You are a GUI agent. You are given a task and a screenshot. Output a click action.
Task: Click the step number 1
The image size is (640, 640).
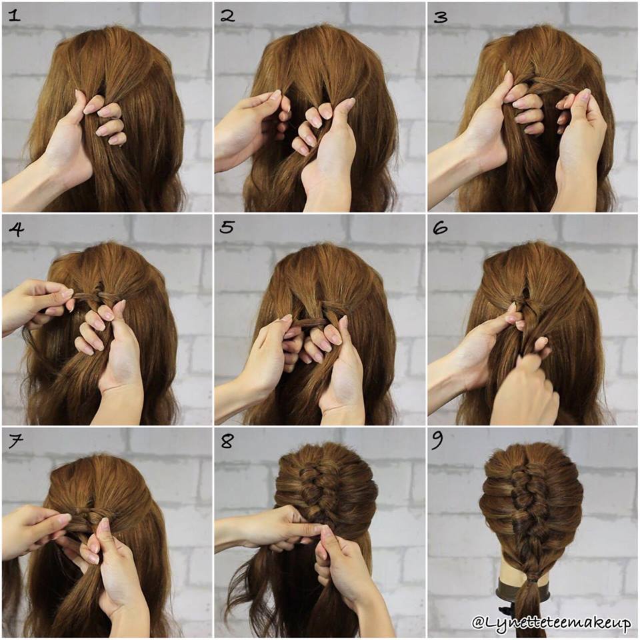pos(14,15)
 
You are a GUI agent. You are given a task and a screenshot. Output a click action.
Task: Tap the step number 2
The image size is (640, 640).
pos(227,15)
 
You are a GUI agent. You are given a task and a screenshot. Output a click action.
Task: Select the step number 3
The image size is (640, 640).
pos(440,15)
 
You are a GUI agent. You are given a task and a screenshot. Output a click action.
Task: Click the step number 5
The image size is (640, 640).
pos(227,228)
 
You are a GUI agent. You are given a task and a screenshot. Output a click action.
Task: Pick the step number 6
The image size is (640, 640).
pos(440,229)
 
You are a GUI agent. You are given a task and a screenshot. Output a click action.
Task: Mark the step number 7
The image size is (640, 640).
pos(14,441)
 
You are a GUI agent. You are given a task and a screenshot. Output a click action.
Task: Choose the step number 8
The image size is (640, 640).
pos(227,441)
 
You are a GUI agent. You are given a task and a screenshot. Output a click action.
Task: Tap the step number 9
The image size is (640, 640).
pos(440,441)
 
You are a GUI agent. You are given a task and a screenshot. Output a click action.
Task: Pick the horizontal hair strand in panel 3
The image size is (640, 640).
pos(550,85)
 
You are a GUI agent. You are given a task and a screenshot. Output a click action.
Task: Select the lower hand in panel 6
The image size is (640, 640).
pos(527,393)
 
